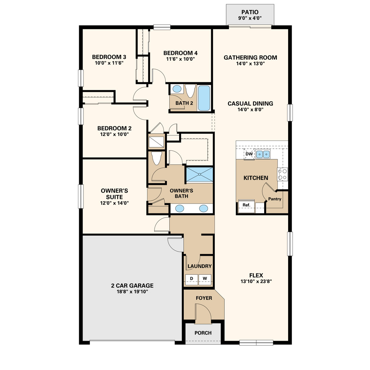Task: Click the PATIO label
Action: point(250,12)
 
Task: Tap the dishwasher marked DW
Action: point(249,154)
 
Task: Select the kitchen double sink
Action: point(263,154)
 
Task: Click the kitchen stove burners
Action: point(282,174)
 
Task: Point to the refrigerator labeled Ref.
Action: point(246,206)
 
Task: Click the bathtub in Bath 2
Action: point(204,98)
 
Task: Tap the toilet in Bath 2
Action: point(190,90)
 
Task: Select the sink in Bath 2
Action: point(177,89)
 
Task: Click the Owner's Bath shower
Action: point(200,174)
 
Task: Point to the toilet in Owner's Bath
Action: point(157,158)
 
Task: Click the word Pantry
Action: point(275,199)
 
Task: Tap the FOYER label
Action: point(204,298)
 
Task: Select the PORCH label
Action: point(203,333)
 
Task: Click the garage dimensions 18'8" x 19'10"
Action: point(132,292)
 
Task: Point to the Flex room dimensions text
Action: point(256,281)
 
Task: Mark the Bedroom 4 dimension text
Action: point(181,59)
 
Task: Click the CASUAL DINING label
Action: point(250,103)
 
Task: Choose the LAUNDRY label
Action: point(200,266)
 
